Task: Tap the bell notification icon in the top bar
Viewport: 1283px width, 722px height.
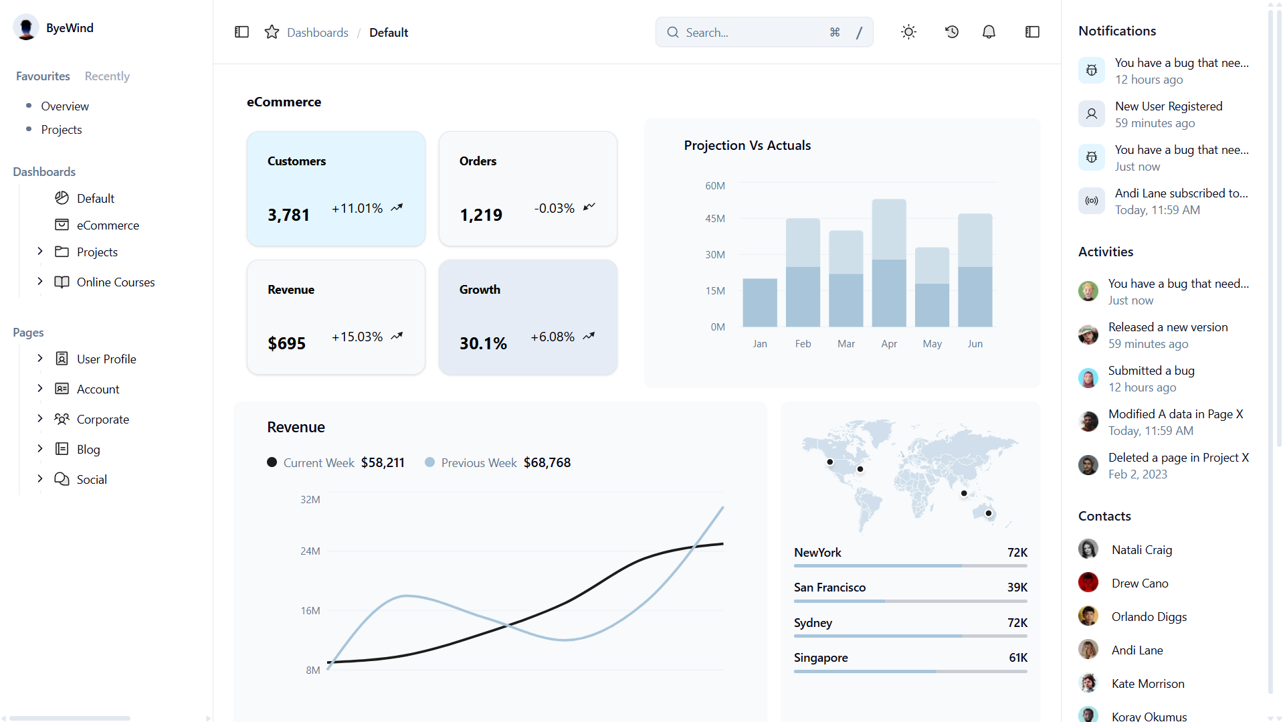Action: pyautogui.click(x=989, y=32)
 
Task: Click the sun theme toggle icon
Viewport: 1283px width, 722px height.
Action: pyautogui.click(x=908, y=32)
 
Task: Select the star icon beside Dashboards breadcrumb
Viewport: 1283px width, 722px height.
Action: pyautogui.click(x=272, y=32)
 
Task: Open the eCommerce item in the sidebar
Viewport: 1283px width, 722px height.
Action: pyautogui.click(x=108, y=225)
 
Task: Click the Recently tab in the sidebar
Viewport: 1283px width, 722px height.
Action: pyautogui.click(x=107, y=76)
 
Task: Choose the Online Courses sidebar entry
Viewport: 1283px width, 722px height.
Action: pyautogui.click(x=115, y=282)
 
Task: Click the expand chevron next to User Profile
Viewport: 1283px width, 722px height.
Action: pyautogui.click(x=40, y=359)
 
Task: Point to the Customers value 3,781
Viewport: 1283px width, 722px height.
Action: pyautogui.click(x=288, y=215)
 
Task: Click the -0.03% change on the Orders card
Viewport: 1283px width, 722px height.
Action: pyautogui.click(x=554, y=208)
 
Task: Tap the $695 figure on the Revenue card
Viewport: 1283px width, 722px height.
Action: pyautogui.click(x=286, y=343)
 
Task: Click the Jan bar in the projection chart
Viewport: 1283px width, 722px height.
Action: pyautogui.click(x=760, y=302)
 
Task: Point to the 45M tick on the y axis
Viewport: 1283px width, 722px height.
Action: pyautogui.click(x=715, y=219)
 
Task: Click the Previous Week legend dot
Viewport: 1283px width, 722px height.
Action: pyautogui.click(x=430, y=462)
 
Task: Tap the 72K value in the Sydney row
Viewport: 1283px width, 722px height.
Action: pyautogui.click(x=1017, y=623)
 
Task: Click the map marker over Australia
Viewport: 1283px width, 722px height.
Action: pyautogui.click(x=989, y=513)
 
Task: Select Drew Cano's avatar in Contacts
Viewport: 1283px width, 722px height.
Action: pyautogui.click(x=1088, y=583)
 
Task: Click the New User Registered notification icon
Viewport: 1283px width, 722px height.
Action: pyautogui.click(x=1092, y=114)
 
